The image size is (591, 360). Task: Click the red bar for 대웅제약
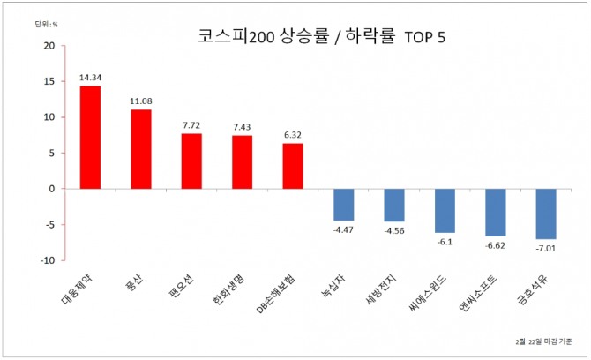click(x=90, y=137)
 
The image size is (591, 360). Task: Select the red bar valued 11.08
click(x=140, y=148)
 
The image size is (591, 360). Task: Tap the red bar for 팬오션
click(x=191, y=161)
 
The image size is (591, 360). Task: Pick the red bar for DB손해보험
click(x=293, y=166)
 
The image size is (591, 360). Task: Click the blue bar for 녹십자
click(x=343, y=205)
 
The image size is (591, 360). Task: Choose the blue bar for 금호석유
click(x=546, y=214)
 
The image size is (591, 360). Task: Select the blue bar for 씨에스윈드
click(x=445, y=210)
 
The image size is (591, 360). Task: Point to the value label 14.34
click(x=90, y=78)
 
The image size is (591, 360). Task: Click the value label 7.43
click(x=242, y=127)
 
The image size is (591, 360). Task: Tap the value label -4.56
click(x=394, y=231)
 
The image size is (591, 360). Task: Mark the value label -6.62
click(x=496, y=246)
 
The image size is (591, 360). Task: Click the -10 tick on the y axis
click(x=48, y=260)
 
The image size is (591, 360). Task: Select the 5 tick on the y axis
click(x=51, y=153)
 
